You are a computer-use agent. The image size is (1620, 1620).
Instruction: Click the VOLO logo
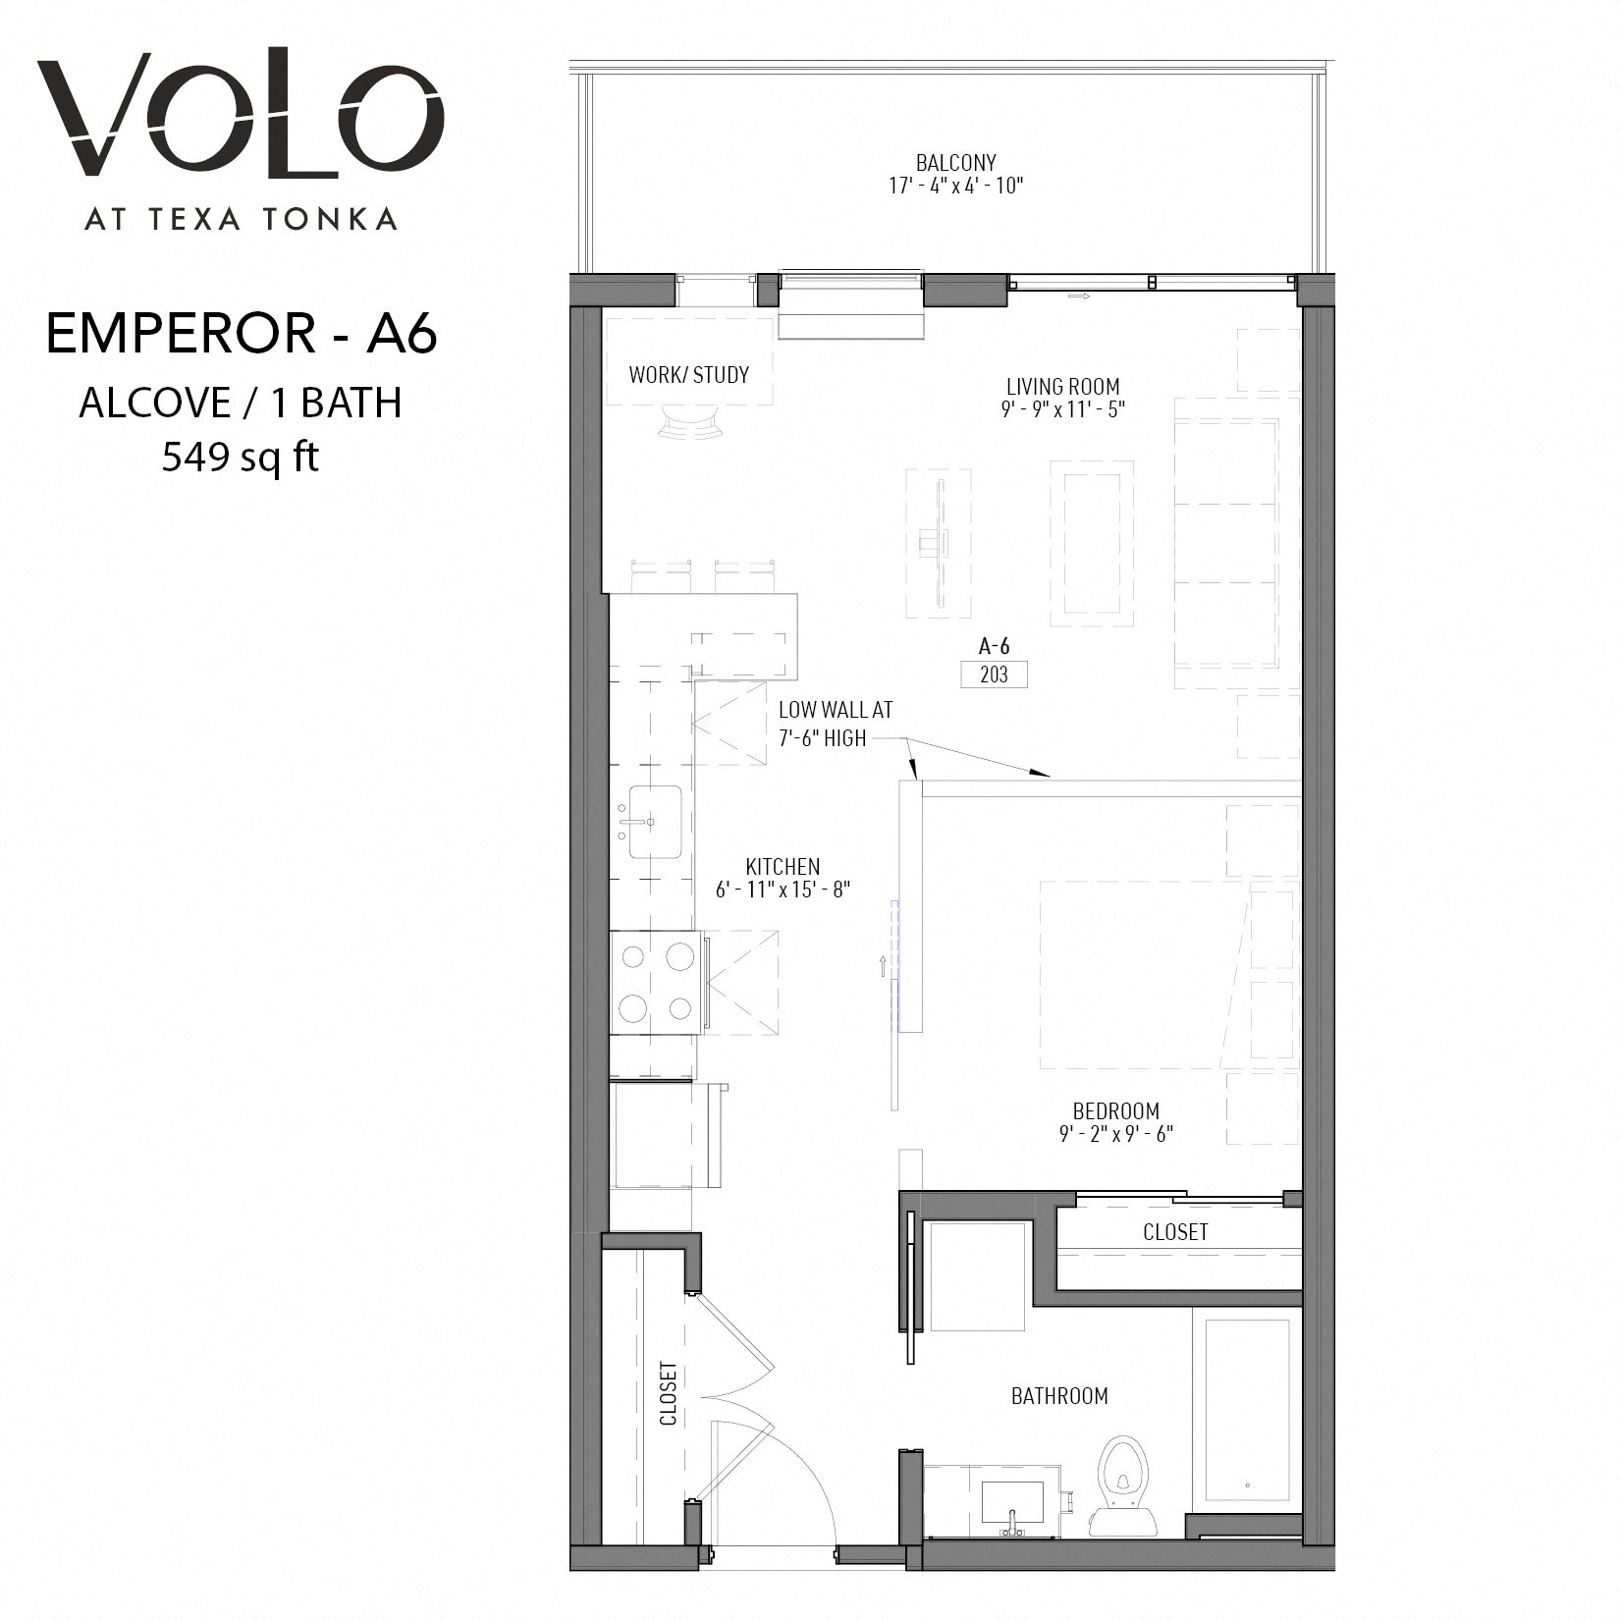[x=242, y=116]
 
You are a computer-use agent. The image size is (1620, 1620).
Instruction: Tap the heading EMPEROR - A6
[x=242, y=334]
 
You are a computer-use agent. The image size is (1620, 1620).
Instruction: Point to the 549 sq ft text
[x=241, y=457]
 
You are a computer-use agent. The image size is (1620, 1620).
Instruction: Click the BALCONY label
[x=955, y=163]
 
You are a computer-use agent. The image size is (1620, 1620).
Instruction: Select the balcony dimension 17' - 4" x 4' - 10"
[x=956, y=186]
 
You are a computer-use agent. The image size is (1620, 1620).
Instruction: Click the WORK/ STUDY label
[x=689, y=374]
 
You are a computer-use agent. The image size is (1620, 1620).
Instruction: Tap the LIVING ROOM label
[x=1062, y=387]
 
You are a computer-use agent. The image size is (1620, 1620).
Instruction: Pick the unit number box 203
[x=994, y=675]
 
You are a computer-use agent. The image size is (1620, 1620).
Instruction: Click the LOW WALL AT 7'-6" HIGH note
[x=835, y=724]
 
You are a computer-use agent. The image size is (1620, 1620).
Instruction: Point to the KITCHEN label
[x=783, y=867]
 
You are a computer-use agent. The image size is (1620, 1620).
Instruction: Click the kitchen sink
[x=655, y=821]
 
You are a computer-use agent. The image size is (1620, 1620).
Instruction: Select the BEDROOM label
[x=1116, y=1111]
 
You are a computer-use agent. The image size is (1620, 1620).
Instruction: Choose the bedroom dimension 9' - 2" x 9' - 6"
[x=1116, y=1134]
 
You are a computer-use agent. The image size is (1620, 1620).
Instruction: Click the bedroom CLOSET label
[x=1175, y=1232]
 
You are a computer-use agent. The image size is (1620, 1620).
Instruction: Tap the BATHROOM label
[x=1059, y=1396]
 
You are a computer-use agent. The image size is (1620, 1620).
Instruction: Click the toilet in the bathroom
[x=1122, y=1486]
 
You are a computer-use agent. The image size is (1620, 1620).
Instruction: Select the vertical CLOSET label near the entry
[x=669, y=1393]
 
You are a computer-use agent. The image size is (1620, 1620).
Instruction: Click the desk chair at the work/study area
[x=689, y=422]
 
